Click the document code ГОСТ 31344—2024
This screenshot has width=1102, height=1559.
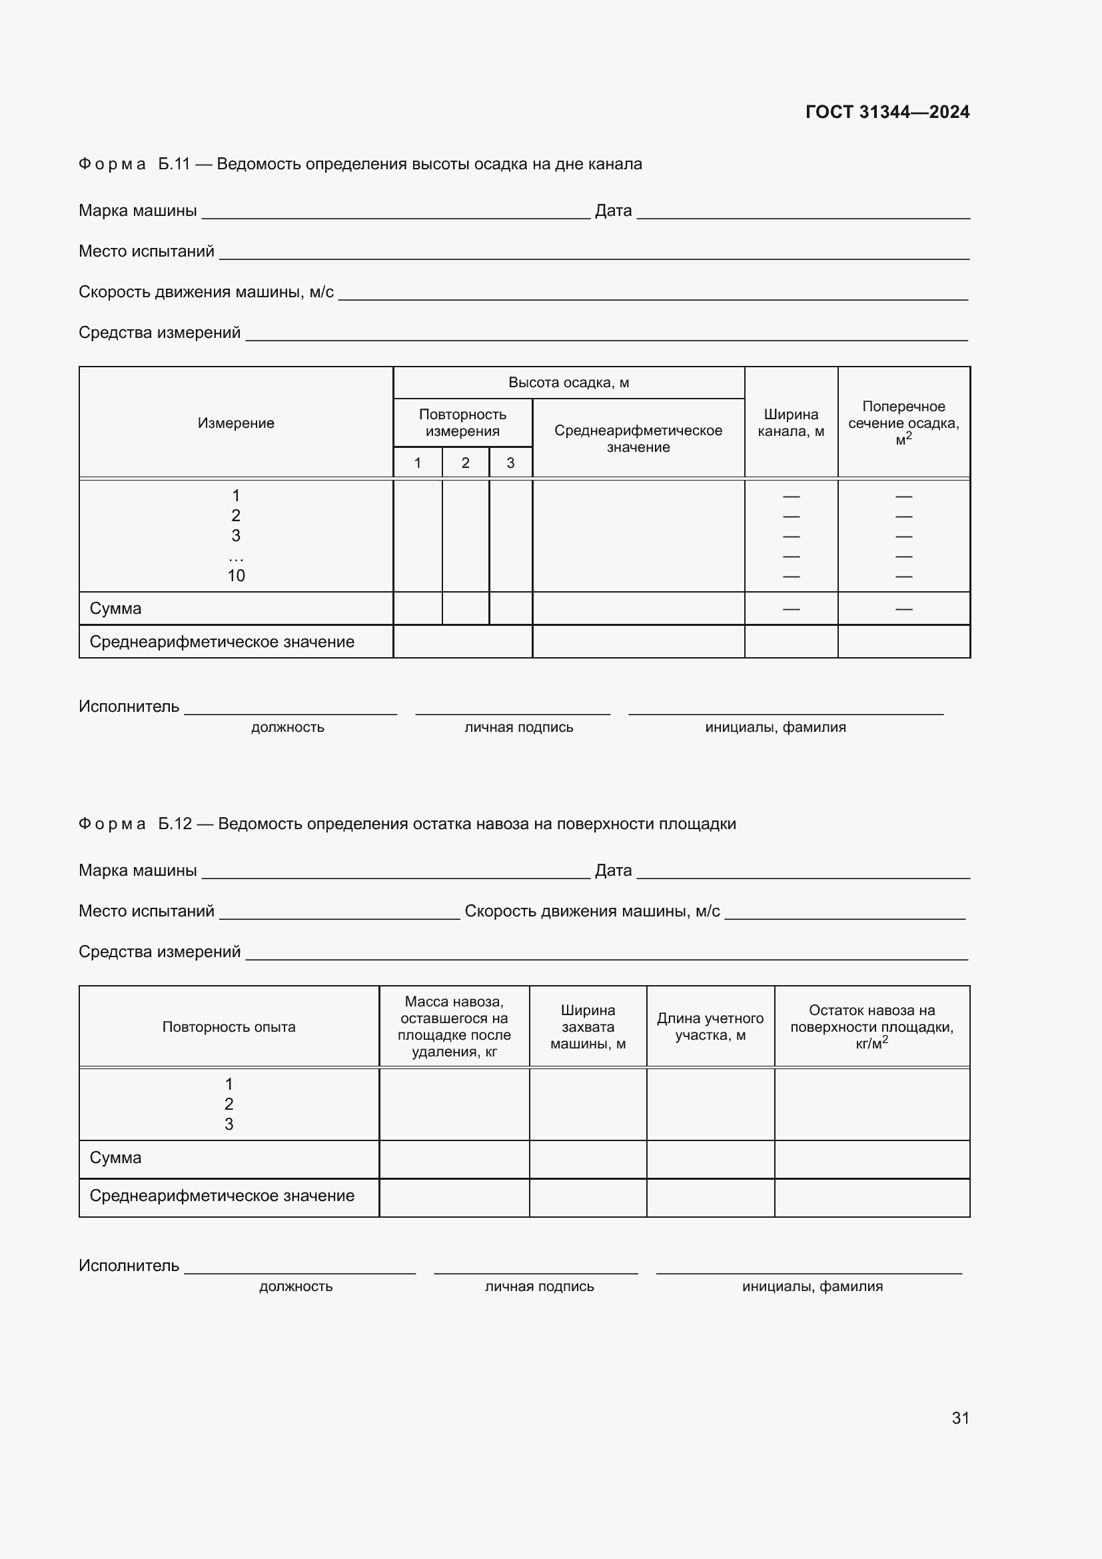tap(887, 112)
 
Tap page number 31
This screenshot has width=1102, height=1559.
tap(960, 1418)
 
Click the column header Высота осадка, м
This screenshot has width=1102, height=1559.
tap(568, 383)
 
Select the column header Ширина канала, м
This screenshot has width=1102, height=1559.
tap(791, 423)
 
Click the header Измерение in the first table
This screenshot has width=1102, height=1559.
tap(235, 423)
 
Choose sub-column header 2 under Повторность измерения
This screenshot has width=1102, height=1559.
tap(465, 463)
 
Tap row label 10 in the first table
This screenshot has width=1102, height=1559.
tap(235, 576)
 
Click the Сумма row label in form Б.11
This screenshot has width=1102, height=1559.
tap(115, 609)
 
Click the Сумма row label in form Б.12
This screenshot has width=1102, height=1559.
tap(115, 1158)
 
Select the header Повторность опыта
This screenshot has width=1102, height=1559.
tap(229, 1026)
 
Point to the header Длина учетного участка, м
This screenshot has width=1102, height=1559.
tap(710, 1026)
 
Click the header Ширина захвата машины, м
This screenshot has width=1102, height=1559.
tap(588, 1026)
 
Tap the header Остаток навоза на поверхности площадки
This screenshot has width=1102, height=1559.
tap(871, 1026)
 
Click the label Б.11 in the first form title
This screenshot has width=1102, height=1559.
tap(174, 165)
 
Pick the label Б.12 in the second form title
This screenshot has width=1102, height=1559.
tap(175, 824)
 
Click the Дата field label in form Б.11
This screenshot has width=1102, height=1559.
tap(613, 211)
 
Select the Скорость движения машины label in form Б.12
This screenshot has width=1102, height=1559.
tap(592, 911)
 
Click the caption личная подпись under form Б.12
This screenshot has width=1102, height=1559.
tap(539, 1286)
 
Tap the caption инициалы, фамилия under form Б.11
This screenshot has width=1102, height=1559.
tap(775, 727)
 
